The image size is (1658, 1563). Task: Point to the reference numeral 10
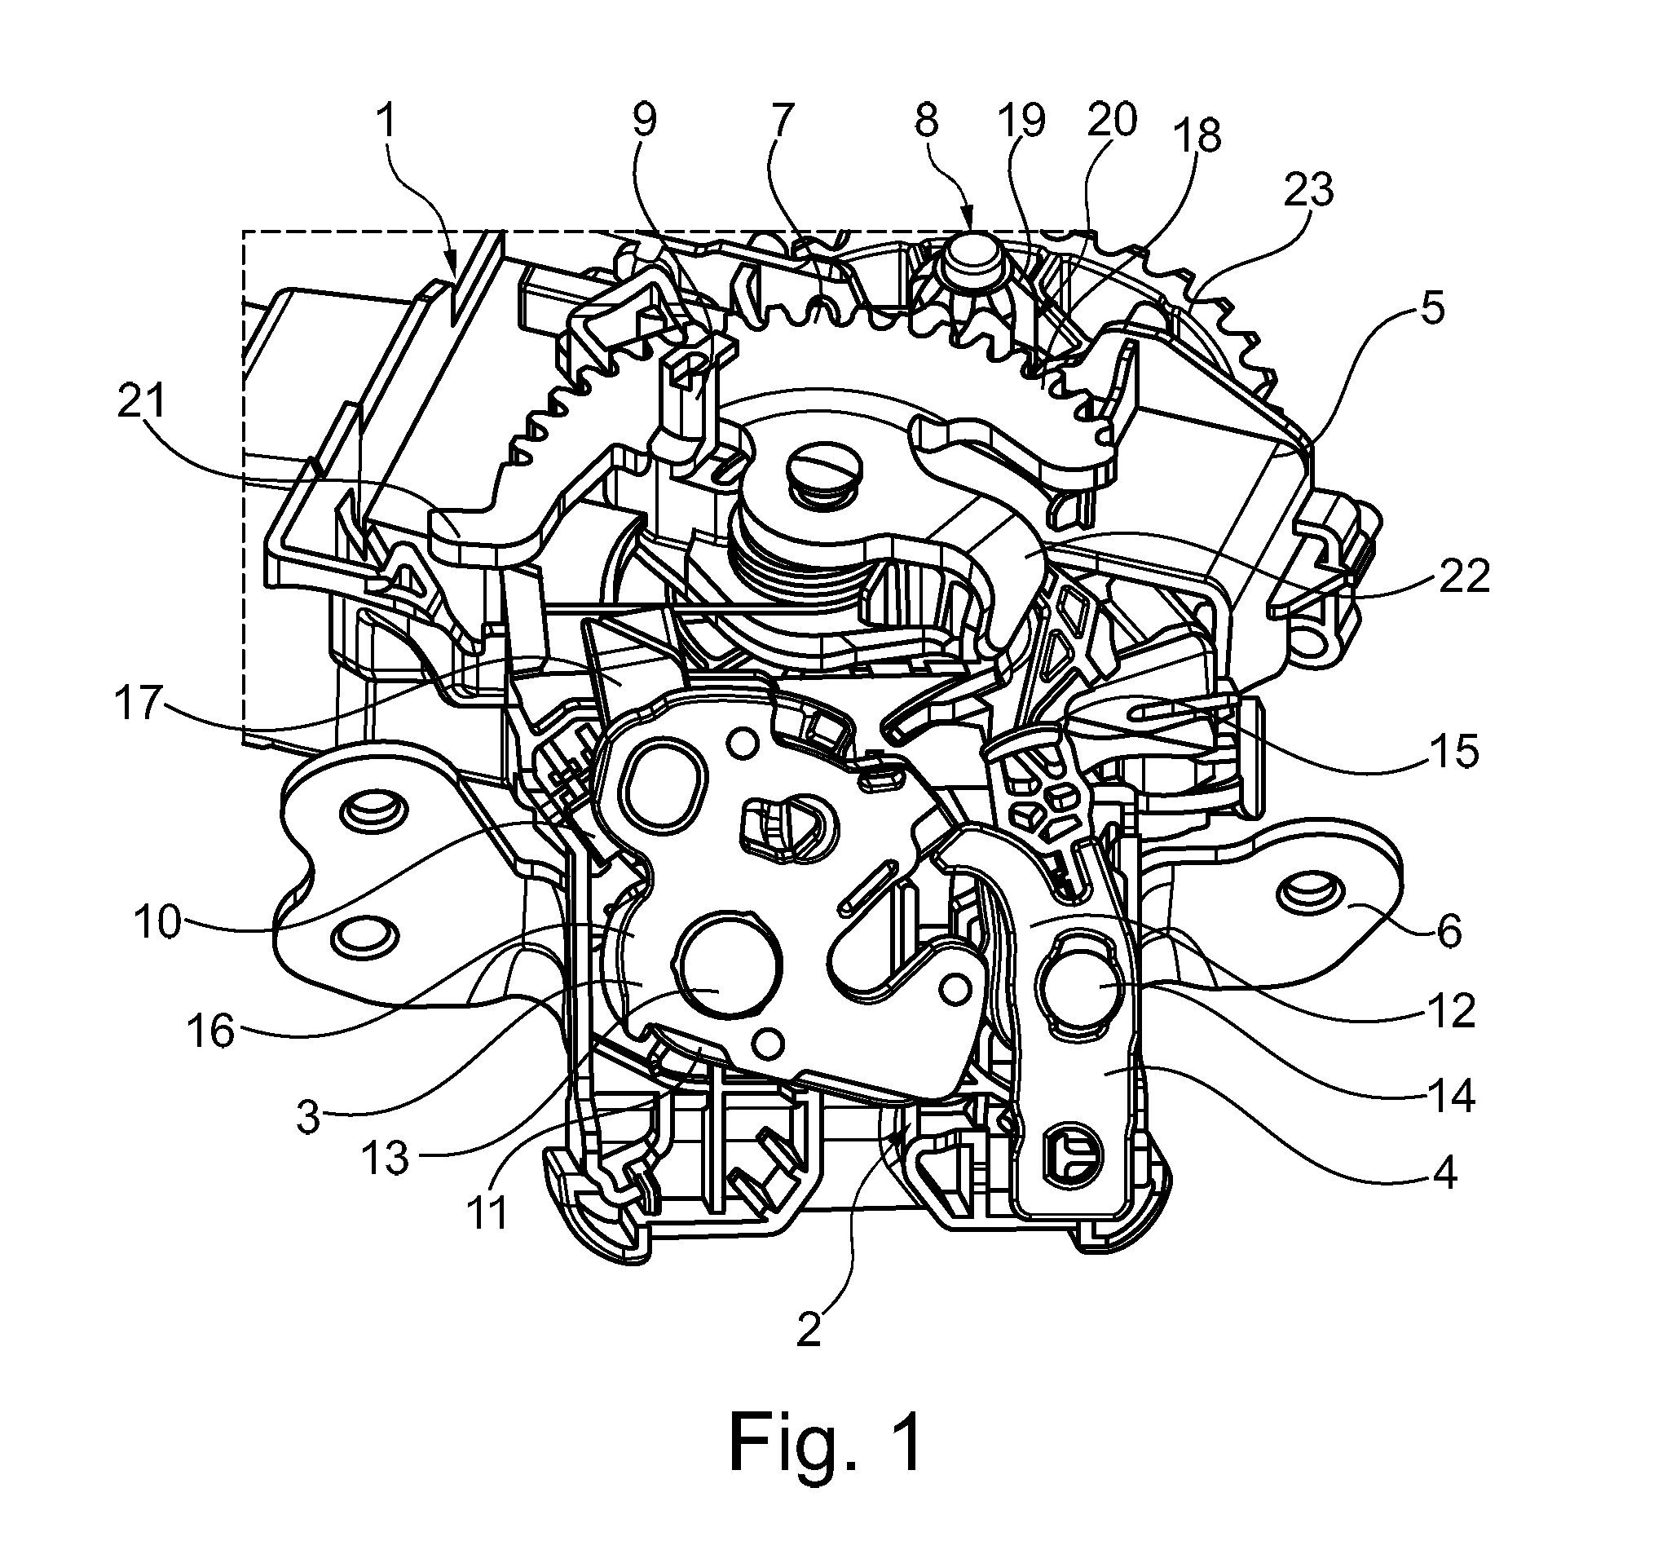click(x=157, y=921)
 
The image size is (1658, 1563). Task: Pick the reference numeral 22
click(x=1464, y=576)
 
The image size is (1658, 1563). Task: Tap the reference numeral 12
click(x=1452, y=1011)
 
